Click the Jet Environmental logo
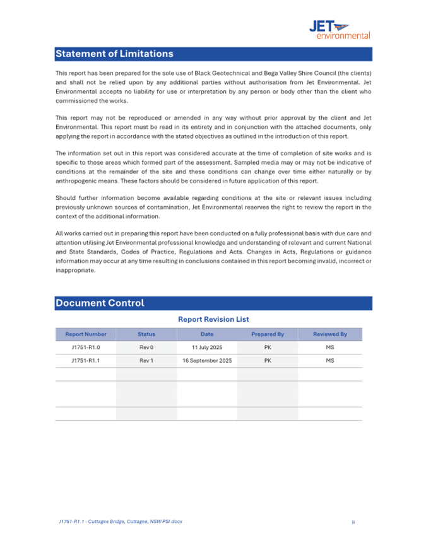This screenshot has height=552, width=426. (339, 29)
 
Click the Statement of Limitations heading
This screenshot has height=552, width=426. (114, 54)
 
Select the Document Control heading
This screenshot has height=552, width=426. (100, 303)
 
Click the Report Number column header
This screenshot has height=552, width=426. (86, 334)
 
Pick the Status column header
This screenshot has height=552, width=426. (146, 334)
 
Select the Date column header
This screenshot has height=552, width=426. (207, 334)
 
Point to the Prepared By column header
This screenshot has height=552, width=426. (268, 334)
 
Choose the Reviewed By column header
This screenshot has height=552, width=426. (330, 334)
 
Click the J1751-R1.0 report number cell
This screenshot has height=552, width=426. (86, 348)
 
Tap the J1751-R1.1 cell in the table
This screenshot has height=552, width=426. (86, 361)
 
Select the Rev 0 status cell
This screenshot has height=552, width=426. (146, 348)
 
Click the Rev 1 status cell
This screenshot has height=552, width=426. (146, 361)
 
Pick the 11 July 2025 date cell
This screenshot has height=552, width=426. (207, 348)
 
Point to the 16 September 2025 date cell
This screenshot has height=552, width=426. (207, 361)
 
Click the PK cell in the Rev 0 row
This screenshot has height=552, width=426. (268, 348)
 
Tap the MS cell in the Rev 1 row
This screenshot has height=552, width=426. (329, 361)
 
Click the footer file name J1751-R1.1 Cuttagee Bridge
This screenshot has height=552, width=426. (119, 522)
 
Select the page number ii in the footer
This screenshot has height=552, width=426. (353, 522)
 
